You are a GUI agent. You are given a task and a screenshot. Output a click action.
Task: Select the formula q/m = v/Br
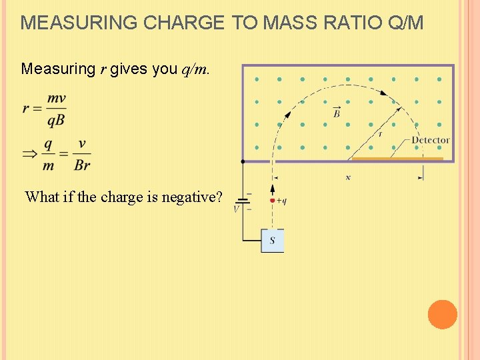pyautogui.click(x=66, y=155)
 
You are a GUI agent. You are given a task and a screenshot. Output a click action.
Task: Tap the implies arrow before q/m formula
pyautogui.click(x=31, y=155)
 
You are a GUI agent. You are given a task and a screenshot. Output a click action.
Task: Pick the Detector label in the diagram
pyautogui.click(x=431, y=140)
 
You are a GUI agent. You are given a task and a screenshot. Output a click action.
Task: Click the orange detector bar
pyautogui.click(x=397, y=159)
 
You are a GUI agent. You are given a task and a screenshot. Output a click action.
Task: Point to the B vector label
pyautogui.click(x=337, y=112)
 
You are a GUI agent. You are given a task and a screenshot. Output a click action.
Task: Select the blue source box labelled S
pyautogui.click(x=272, y=240)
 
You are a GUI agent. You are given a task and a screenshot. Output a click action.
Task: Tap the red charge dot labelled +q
pyautogui.click(x=272, y=201)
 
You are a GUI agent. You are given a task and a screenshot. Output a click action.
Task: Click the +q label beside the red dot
pyautogui.click(x=281, y=201)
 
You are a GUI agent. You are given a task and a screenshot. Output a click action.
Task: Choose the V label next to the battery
pyautogui.click(x=236, y=209)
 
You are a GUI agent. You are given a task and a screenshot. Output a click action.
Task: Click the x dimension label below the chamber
pyautogui.click(x=348, y=178)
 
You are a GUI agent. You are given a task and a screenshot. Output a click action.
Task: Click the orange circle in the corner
pyautogui.click(x=442, y=314)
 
